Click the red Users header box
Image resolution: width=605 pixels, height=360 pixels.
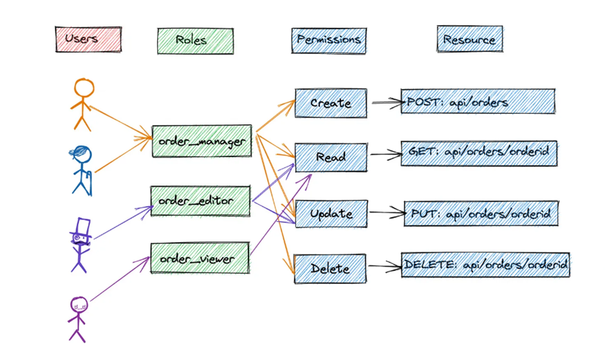click(x=88, y=39)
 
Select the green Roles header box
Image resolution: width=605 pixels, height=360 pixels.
click(x=195, y=41)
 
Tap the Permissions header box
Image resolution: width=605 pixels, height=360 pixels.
click(x=328, y=41)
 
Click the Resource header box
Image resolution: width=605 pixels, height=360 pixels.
click(x=469, y=40)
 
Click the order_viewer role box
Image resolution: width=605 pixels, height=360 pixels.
click(x=200, y=258)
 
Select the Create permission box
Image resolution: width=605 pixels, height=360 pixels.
click(x=331, y=103)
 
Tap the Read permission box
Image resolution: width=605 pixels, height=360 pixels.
click(x=331, y=157)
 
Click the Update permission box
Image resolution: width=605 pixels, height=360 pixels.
click(x=331, y=213)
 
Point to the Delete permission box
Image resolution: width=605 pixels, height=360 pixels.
click(x=330, y=268)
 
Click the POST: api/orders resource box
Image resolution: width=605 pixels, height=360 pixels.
click(x=477, y=102)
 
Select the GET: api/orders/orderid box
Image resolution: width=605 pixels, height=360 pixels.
click(x=478, y=153)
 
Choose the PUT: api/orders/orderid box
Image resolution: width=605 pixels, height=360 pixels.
click(x=480, y=213)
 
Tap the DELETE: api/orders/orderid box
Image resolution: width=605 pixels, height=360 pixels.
click(x=485, y=265)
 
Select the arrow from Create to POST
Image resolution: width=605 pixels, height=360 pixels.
click(x=385, y=102)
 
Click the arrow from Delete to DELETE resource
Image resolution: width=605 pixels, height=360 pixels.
click(x=384, y=265)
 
